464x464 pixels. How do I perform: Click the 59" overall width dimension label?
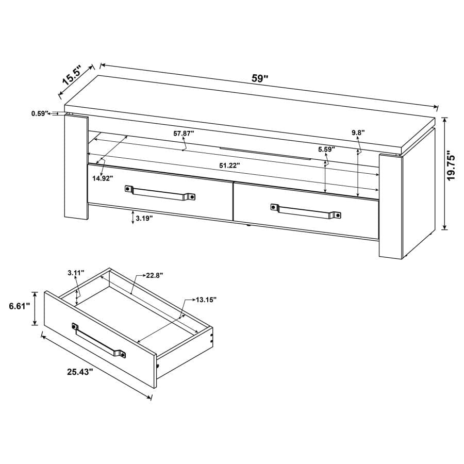point(260,79)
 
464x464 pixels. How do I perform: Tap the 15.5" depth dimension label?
point(72,75)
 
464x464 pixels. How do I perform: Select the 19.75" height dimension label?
point(452,165)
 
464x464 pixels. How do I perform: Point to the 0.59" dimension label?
point(39,113)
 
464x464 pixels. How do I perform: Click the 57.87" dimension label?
point(184,133)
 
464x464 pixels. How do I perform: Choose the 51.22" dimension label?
point(227,165)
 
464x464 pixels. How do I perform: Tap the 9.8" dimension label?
point(358,132)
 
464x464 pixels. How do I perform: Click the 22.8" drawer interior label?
point(154,276)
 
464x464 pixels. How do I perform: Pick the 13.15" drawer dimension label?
point(206,299)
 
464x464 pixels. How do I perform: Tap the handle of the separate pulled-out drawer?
point(98,341)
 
